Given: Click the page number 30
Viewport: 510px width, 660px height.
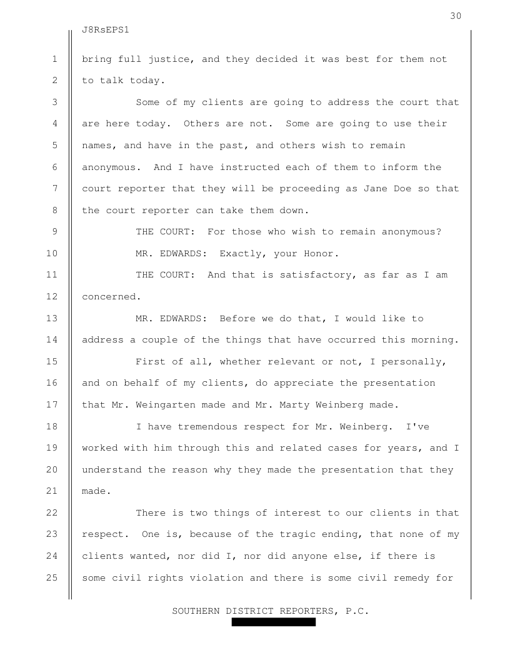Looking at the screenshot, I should (x=456, y=16).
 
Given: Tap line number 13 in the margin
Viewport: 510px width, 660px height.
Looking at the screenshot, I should (x=55, y=319).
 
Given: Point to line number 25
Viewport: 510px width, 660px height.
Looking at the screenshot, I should (x=55, y=578).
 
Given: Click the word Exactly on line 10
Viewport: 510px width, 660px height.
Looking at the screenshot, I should (x=244, y=254).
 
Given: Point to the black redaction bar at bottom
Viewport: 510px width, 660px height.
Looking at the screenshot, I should (x=273, y=622).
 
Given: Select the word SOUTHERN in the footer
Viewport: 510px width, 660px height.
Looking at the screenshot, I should (x=196, y=611).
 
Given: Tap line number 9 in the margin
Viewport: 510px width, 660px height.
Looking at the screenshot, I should (x=55, y=232).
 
